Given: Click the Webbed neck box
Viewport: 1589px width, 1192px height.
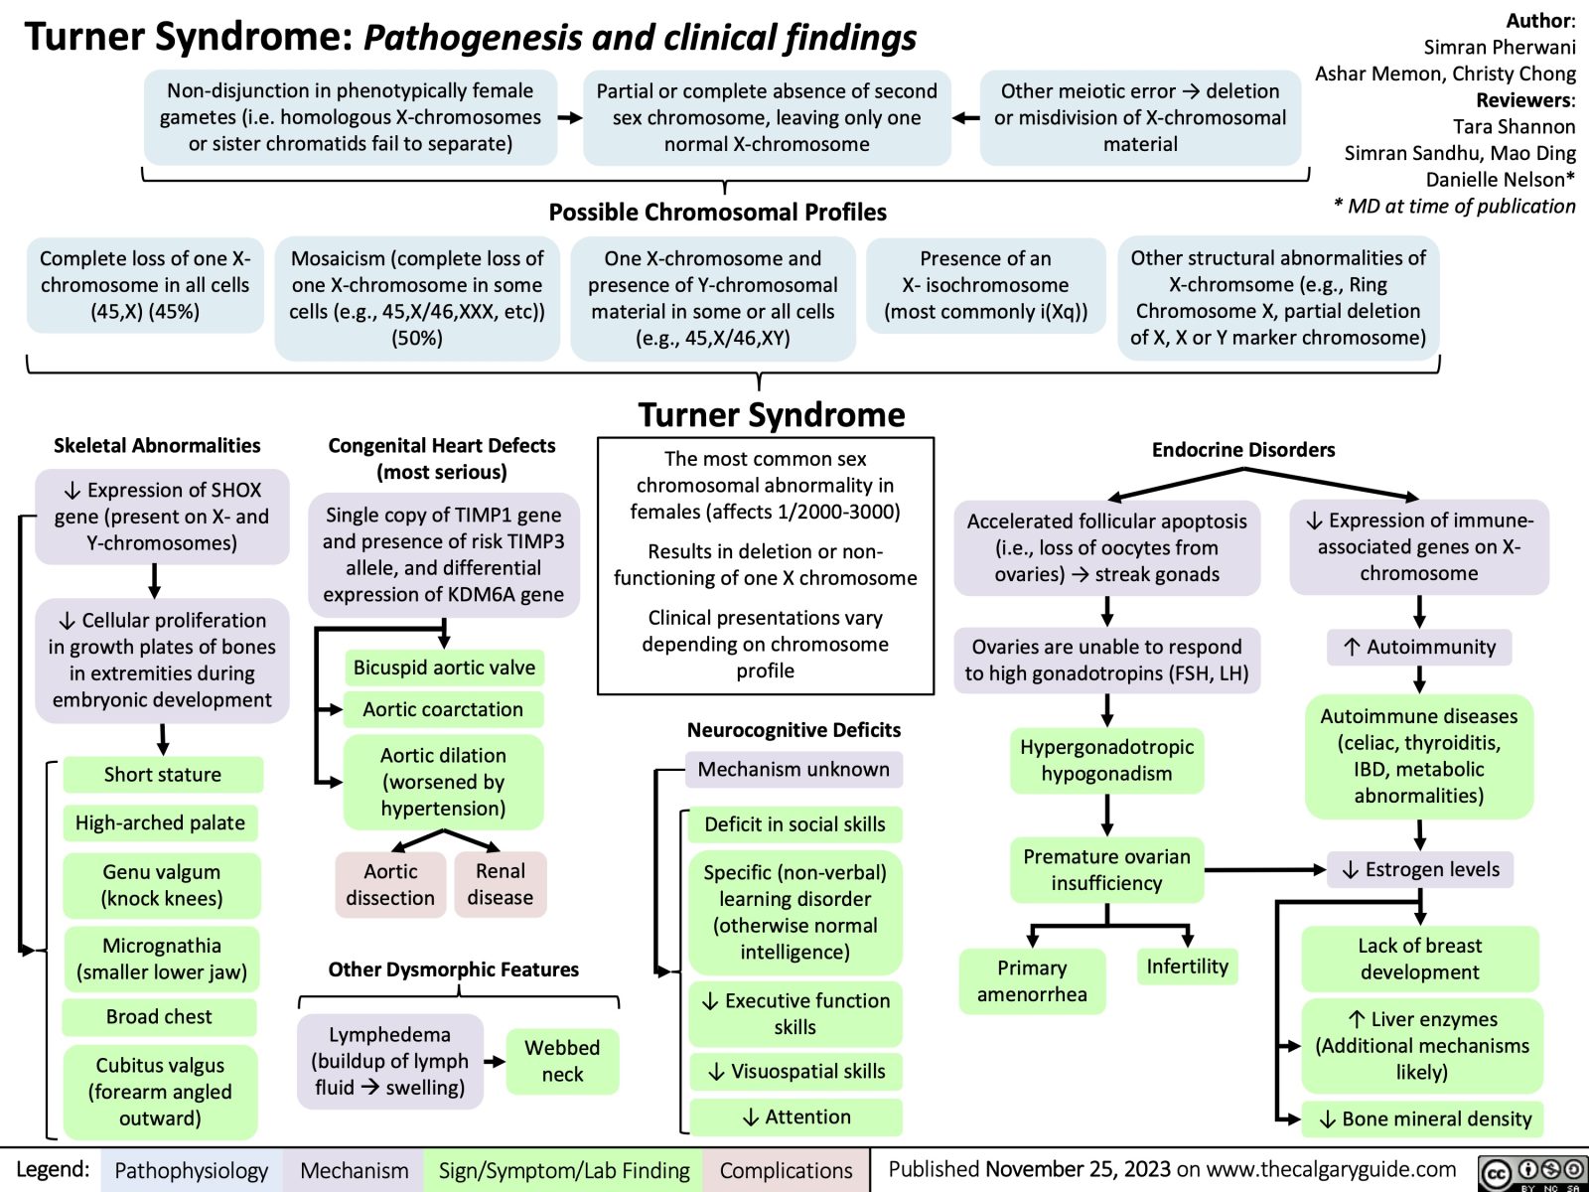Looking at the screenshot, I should click(562, 1061).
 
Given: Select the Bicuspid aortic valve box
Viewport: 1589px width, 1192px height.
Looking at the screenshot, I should click(444, 668).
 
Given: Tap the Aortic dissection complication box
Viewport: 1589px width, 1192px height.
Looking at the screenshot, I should click(390, 884).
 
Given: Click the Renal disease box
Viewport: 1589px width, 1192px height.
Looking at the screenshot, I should click(500, 884).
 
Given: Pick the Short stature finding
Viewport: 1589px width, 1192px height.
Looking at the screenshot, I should click(163, 775).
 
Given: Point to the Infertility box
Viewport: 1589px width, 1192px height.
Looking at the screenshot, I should click(1187, 967).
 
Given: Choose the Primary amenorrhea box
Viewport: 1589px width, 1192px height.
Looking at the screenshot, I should click(1032, 981).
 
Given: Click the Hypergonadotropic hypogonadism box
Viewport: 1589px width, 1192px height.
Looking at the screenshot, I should click(1106, 761).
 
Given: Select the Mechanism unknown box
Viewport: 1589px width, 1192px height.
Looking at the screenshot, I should click(794, 770).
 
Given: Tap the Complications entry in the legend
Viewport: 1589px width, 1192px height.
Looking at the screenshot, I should click(786, 1171).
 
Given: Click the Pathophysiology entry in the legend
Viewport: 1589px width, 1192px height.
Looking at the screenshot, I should click(192, 1171).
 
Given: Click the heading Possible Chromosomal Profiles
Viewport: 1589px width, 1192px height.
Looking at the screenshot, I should click(717, 213).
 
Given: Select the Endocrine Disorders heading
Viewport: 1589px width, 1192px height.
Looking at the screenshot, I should click(1242, 450).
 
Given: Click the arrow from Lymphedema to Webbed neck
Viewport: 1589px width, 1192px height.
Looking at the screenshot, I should click(494, 1062).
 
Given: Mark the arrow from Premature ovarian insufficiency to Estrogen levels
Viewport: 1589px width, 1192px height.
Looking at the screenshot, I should click(1265, 870).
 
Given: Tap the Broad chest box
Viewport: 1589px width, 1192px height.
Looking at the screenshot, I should click(159, 1017).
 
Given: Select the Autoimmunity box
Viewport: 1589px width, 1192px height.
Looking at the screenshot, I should click(1420, 648).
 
